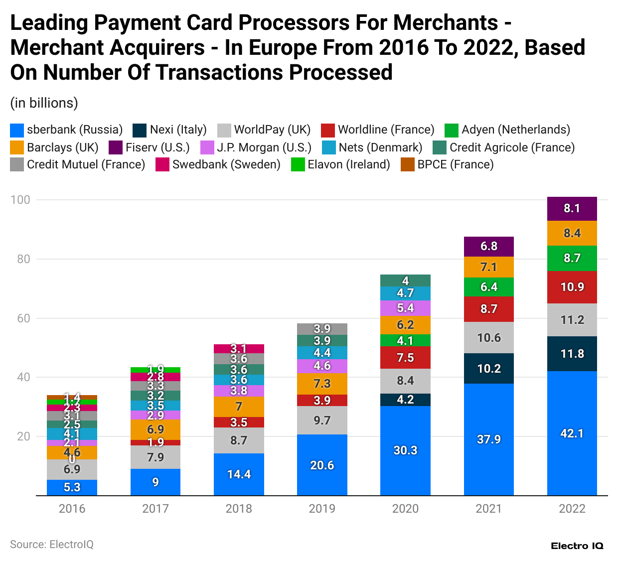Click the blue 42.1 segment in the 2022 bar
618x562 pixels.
tap(572, 433)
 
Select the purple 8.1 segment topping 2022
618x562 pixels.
tap(572, 209)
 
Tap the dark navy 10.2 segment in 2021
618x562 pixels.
tap(488, 368)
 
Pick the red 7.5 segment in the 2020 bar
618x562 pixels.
tap(405, 358)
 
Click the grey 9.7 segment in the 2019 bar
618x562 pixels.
tap(322, 420)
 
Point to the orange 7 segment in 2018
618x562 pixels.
tap(239, 407)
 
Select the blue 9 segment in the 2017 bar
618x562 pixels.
tap(155, 482)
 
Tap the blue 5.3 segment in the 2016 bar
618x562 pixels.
tap(72, 487)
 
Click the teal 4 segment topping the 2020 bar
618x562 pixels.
tap(405, 281)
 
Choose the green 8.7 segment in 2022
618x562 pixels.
tap(572, 258)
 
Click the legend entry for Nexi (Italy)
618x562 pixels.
tap(170, 130)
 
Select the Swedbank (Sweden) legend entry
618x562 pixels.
tap(218, 165)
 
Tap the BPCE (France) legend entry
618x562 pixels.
tap(448, 165)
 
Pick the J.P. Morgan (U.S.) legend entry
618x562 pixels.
tap(256, 148)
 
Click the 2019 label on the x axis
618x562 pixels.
tap(322, 509)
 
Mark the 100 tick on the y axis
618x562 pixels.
tap(20, 200)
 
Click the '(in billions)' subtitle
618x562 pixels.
tap(44, 103)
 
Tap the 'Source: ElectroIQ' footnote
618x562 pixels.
tap(52, 544)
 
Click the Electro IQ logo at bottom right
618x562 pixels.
tap(577, 546)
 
